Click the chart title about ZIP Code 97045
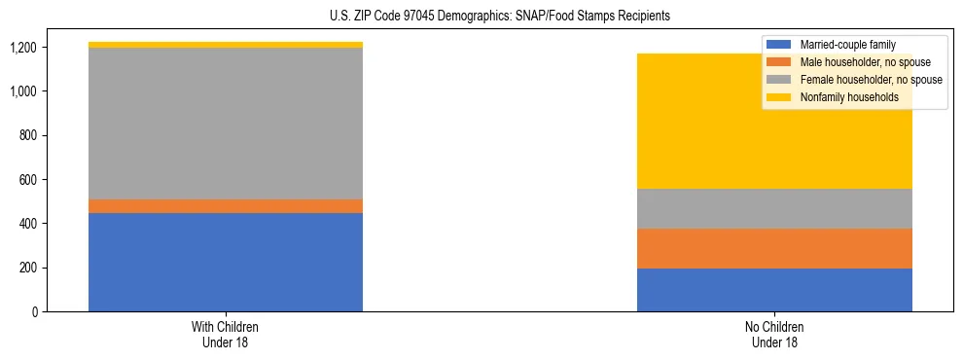pos(481,17)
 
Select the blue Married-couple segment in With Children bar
pos(226,262)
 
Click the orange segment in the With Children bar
pos(226,206)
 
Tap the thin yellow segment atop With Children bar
pos(226,45)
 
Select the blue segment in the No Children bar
pos(774,290)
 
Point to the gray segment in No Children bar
pos(774,208)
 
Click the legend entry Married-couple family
pos(847,45)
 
